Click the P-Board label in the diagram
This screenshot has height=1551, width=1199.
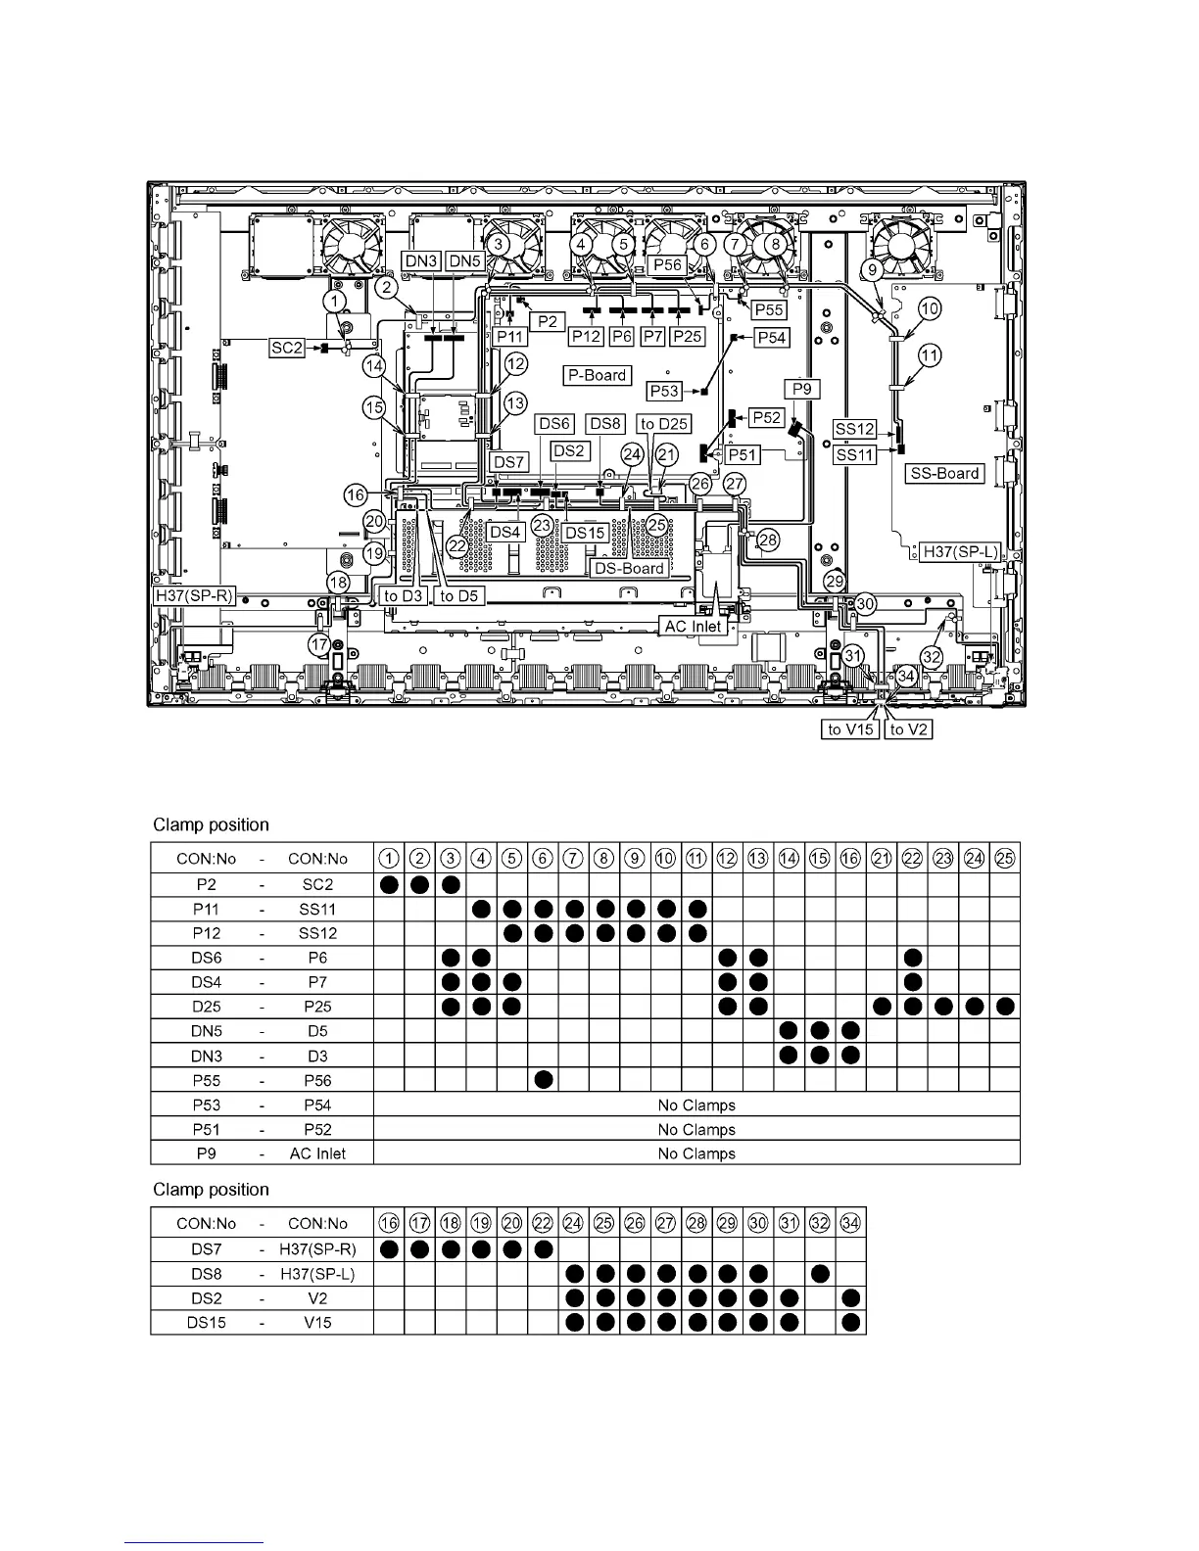click(598, 375)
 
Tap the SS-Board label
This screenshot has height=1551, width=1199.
click(944, 473)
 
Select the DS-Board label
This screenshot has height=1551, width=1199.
click(630, 568)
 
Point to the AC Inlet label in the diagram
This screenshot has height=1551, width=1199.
click(693, 626)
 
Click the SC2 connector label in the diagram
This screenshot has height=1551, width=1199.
click(287, 348)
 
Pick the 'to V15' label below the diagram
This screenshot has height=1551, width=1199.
click(849, 729)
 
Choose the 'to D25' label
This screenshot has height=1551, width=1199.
click(663, 424)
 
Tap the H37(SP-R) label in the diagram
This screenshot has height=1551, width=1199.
click(193, 594)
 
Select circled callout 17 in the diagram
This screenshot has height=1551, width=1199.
click(319, 644)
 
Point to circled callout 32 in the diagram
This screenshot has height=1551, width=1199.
click(932, 658)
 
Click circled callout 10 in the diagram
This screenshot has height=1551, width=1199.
click(930, 309)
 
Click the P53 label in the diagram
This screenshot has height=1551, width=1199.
click(664, 391)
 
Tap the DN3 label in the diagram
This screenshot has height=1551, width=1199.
click(421, 261)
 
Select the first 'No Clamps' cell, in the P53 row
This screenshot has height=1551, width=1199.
click(696, 1104)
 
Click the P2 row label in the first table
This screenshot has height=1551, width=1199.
click(206, 884)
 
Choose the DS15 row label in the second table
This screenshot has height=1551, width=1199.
click(206, 1322)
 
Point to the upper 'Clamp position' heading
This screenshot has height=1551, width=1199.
click(211, 824)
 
